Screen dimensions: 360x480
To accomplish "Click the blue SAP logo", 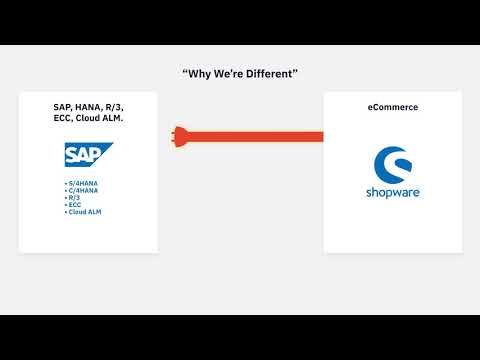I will tap(87, 155).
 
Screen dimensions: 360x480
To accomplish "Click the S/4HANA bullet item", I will tap(82, 185).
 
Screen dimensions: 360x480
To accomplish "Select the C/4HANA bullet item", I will tap(82, 191).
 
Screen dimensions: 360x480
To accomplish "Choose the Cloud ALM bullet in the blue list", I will tap(85, 212).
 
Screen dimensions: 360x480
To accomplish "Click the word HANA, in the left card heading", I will tap(90, 106).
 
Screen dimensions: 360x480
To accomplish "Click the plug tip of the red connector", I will tap(176, 135).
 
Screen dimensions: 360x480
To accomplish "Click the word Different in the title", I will tap(269, 74).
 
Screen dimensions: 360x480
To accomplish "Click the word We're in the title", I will tap(228, 74).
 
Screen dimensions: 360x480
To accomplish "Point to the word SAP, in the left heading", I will tap(63, 106).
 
